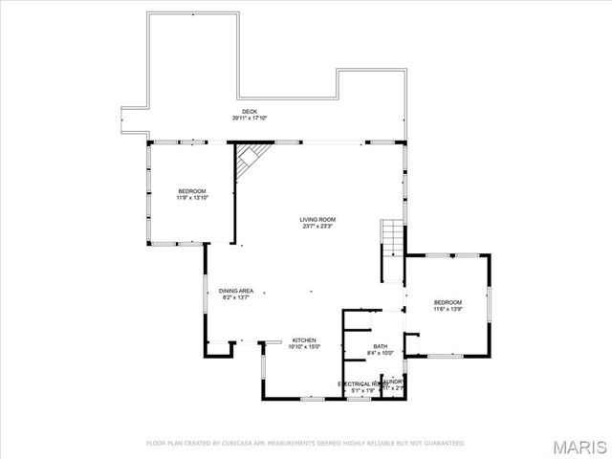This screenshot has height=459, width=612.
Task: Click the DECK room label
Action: pyautogui.click(x=250, y=112)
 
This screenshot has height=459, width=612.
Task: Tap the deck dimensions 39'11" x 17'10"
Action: pyautogui.click(x=250, y=119)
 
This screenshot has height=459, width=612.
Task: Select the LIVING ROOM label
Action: pyautogui.click(x=318, y=220)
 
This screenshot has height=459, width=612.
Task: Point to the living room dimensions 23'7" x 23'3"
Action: pyautogui.click(x=318, y=227)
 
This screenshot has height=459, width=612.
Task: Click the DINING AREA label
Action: pyautogui.click(x=236, y=291)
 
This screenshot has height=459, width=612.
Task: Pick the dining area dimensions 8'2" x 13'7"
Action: pyautogui.click(x=236, y=297)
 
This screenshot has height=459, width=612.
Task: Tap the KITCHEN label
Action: pyautogui.click(x=304, y=340)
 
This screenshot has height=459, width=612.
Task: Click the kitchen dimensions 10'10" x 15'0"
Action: pyautogui.click(x=304, y=347)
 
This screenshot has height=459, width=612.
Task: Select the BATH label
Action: pyautogui.click(x=380, y=346)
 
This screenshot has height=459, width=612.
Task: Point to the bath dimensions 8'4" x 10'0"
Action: pyautogui.click(x=380, y=353)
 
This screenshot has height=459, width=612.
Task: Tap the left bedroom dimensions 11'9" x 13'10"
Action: pyautogui.click(x=191, y=198)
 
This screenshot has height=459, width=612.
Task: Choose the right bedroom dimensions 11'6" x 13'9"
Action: pyautogui.click(x=448, y=309)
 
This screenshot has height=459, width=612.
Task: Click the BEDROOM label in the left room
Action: pyautogui.click(x=191, y=191)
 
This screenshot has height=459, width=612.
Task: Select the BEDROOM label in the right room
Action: pyautogui.click(x=448, y=302)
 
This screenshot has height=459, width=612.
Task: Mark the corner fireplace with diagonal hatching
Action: pyautogui.click(x=251, y=158)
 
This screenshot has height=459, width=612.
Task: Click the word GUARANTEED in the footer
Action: pyautogui.click(x=445, y=443)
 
